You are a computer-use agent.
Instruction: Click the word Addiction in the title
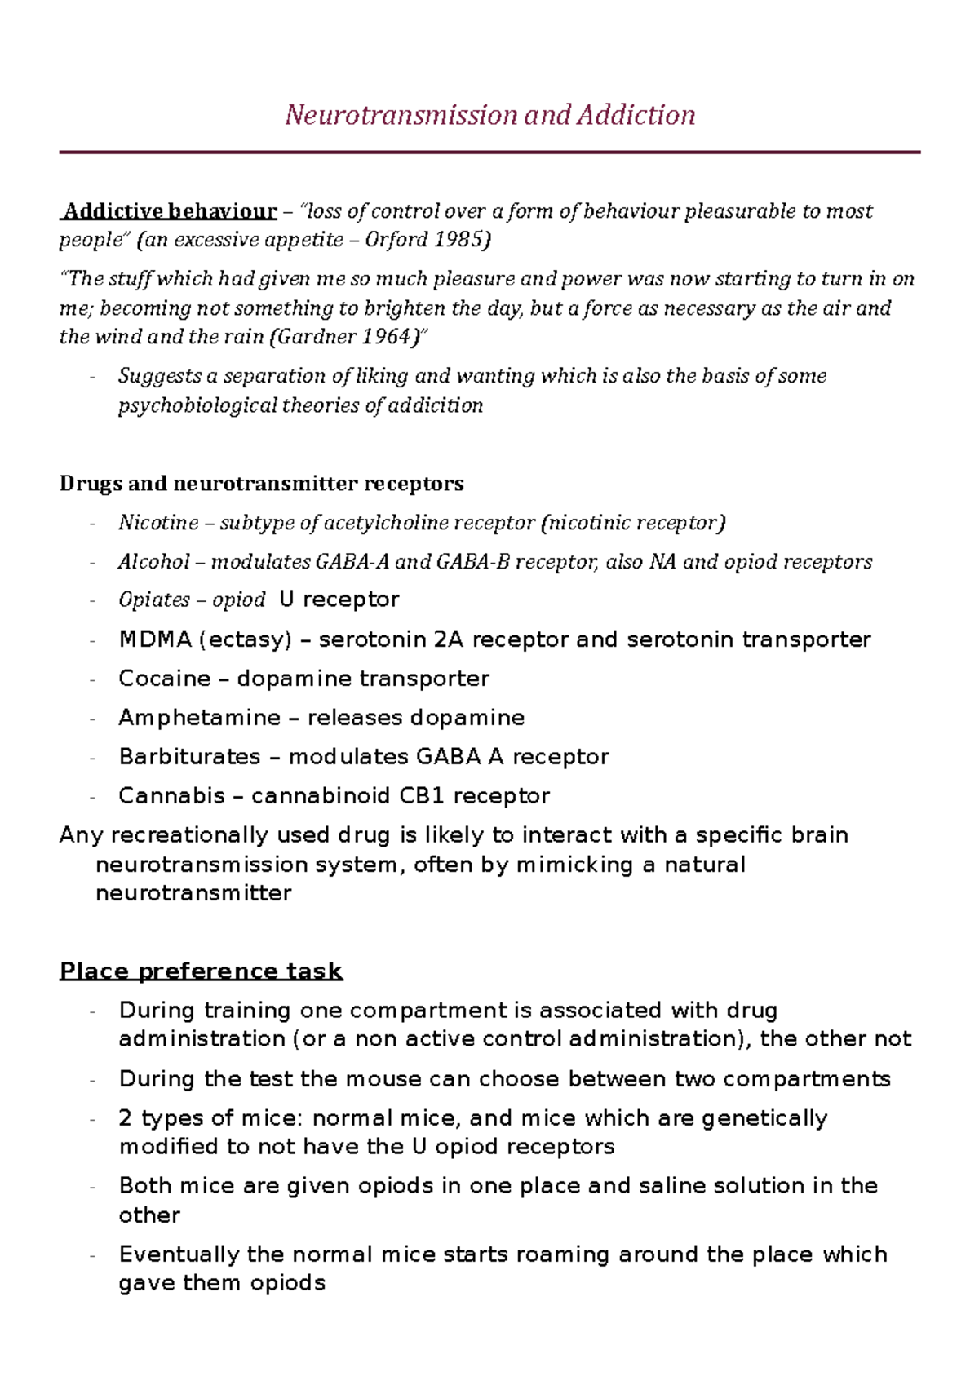point(636,115)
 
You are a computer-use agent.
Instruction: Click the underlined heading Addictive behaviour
point(170,211)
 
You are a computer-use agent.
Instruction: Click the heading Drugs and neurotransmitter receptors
point(261,484)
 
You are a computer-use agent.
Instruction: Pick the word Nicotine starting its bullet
point(158,523)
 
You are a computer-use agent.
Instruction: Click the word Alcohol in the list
point(153,562)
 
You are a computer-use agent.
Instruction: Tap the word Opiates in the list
point(153,600)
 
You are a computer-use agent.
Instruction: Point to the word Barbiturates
point(189,757)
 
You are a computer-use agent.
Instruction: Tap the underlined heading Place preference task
point(201,971)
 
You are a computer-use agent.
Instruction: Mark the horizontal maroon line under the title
point(489,153)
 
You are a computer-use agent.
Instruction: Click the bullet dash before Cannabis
point(93,797)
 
